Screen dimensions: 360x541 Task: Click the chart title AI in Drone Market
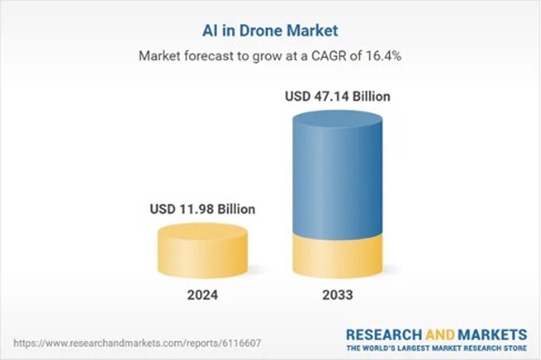click(270, 31)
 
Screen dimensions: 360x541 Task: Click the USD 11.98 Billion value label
click(203, 210)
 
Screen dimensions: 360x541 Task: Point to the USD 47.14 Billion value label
click(338, 96)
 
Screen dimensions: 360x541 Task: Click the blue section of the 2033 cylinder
click(338, 178)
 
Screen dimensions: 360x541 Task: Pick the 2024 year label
click(203, 295)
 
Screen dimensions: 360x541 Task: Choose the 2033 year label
click(338, 295)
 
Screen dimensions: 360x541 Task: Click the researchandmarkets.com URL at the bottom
click(137, 344)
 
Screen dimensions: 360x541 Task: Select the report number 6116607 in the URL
click(242, 344)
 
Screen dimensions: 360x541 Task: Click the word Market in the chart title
click(316, 31)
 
